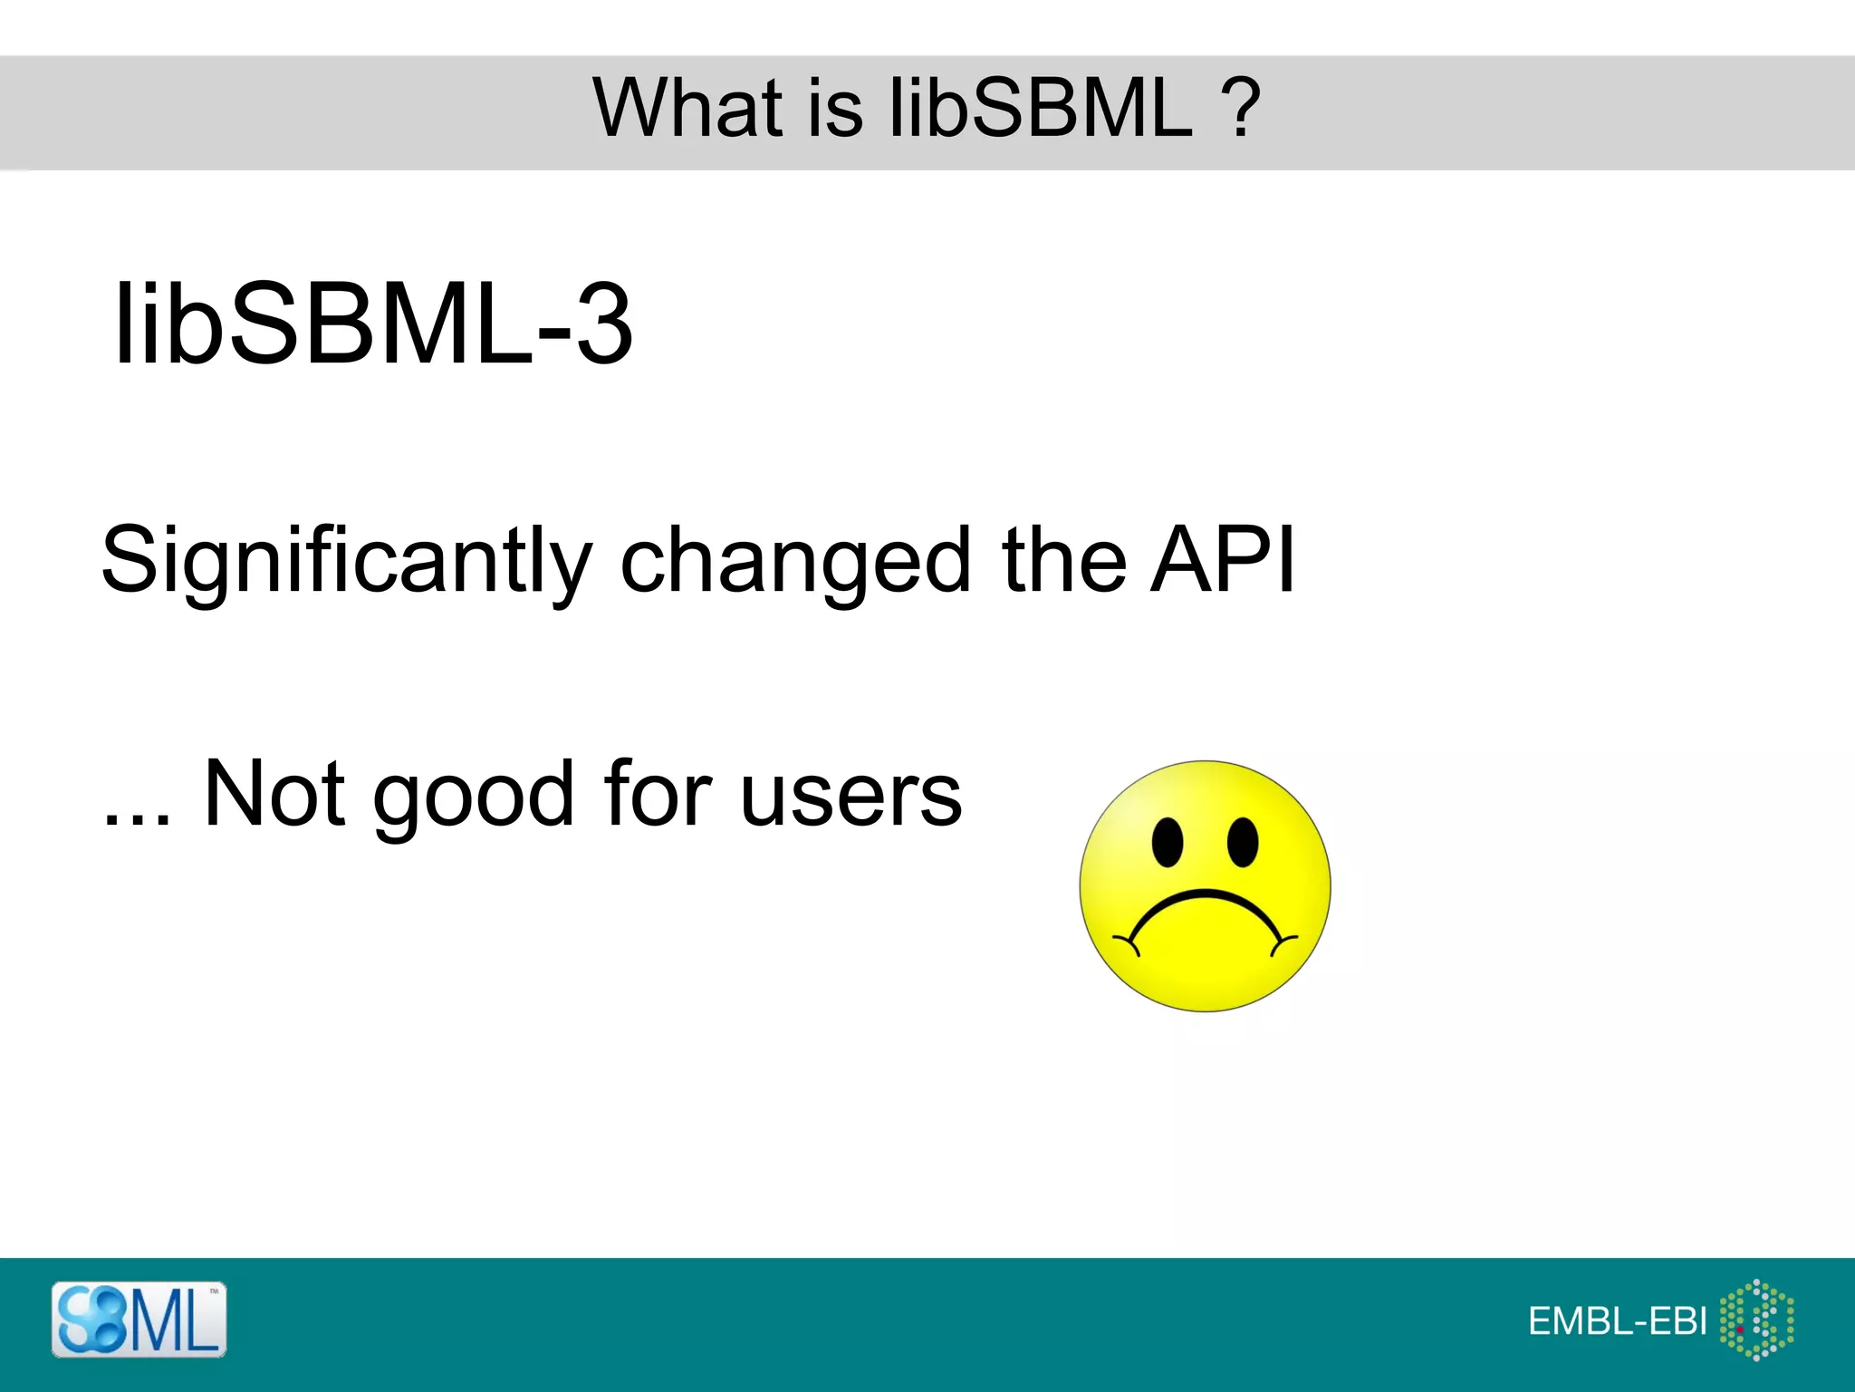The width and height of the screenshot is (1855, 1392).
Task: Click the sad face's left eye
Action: pyautogui.click(x=1168, y=842)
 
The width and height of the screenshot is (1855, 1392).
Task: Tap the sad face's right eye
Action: pyautogui.click(x=1243, y=842)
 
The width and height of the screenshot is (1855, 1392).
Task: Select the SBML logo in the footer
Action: pyautogui.click(x=139, y=1319)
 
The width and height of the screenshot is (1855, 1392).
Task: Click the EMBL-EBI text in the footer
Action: pyautogui.click(x=1617, y=1321)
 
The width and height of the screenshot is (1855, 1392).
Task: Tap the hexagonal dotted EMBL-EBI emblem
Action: pyautogui.click(x=1756, y=1319)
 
